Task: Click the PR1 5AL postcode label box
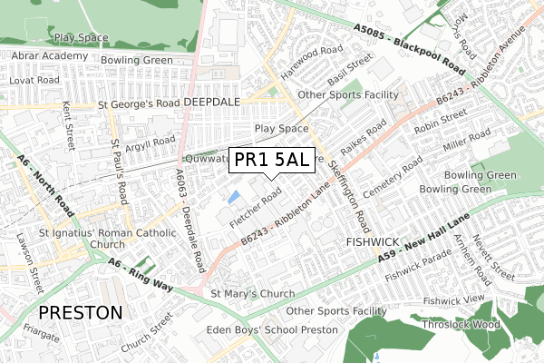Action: pos(272,161)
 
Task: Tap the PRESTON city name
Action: pos(81,312)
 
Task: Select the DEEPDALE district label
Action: pos(210,103)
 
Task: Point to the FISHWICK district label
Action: pos(373,243)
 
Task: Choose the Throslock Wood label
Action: pos(461,324)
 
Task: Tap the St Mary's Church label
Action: pos(252,294)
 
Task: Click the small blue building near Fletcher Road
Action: pos(235,196)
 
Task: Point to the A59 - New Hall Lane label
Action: pos(425,241)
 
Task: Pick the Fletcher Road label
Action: pos(257,208)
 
